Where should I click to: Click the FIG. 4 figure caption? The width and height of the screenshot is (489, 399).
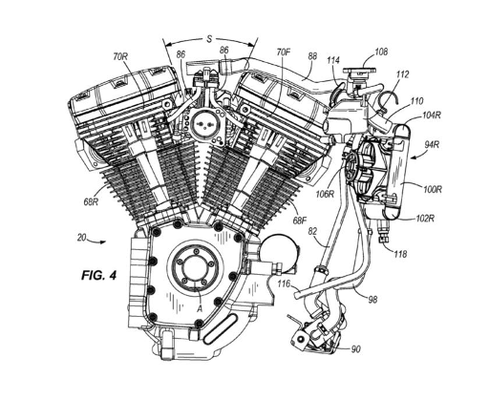[x=99, y=275]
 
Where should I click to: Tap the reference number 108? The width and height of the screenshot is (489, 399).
[x=381, y=52]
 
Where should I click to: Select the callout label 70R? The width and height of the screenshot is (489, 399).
[x=120, y=56]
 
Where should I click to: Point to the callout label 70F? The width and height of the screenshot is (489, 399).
[x=284, y=52]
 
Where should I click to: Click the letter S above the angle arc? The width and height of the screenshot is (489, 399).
[x=209, y=39]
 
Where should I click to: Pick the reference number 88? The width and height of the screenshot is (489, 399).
[x=312, y=56]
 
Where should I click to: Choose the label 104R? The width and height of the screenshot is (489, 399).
[x=432, y=115]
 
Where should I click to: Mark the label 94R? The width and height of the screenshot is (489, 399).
[x=432, y=144]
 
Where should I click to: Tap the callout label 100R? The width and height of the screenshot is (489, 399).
[x=433, y=190]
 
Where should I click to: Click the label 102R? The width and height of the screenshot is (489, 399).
[x=426, y=219]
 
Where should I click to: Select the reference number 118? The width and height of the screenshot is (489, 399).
[x=400, y=254]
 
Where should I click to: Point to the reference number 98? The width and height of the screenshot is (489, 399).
[x=372, y=300]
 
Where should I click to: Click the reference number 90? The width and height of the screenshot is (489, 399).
[x=356, y=349]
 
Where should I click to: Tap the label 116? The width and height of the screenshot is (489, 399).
[x=284, y=283]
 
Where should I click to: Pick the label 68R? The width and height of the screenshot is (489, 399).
[x=91, y=201]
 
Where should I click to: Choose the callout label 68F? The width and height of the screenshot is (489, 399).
[x=300, y=220]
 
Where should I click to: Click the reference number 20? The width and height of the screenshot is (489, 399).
[x=81, y=238]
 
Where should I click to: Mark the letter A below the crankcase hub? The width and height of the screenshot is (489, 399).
[x=200, y=308]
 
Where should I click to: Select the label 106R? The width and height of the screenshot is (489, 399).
[x=326, y=194]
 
